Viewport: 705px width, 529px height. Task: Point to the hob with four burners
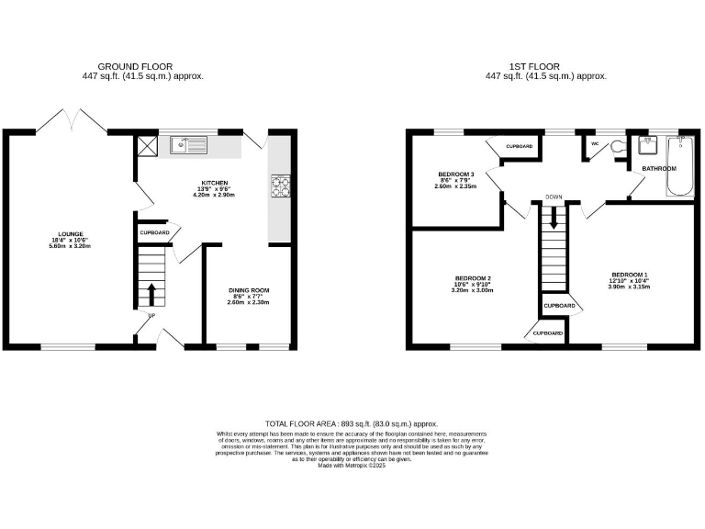point(280,187)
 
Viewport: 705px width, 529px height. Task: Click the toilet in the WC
point(616,146)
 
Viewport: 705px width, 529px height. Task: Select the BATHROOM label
point(658,169)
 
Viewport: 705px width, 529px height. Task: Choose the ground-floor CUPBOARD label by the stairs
point(153,233)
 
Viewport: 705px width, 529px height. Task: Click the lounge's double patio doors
point(71,122)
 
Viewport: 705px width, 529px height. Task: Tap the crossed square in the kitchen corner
point(146,145)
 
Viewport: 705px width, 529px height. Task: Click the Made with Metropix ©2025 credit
point(352,466)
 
